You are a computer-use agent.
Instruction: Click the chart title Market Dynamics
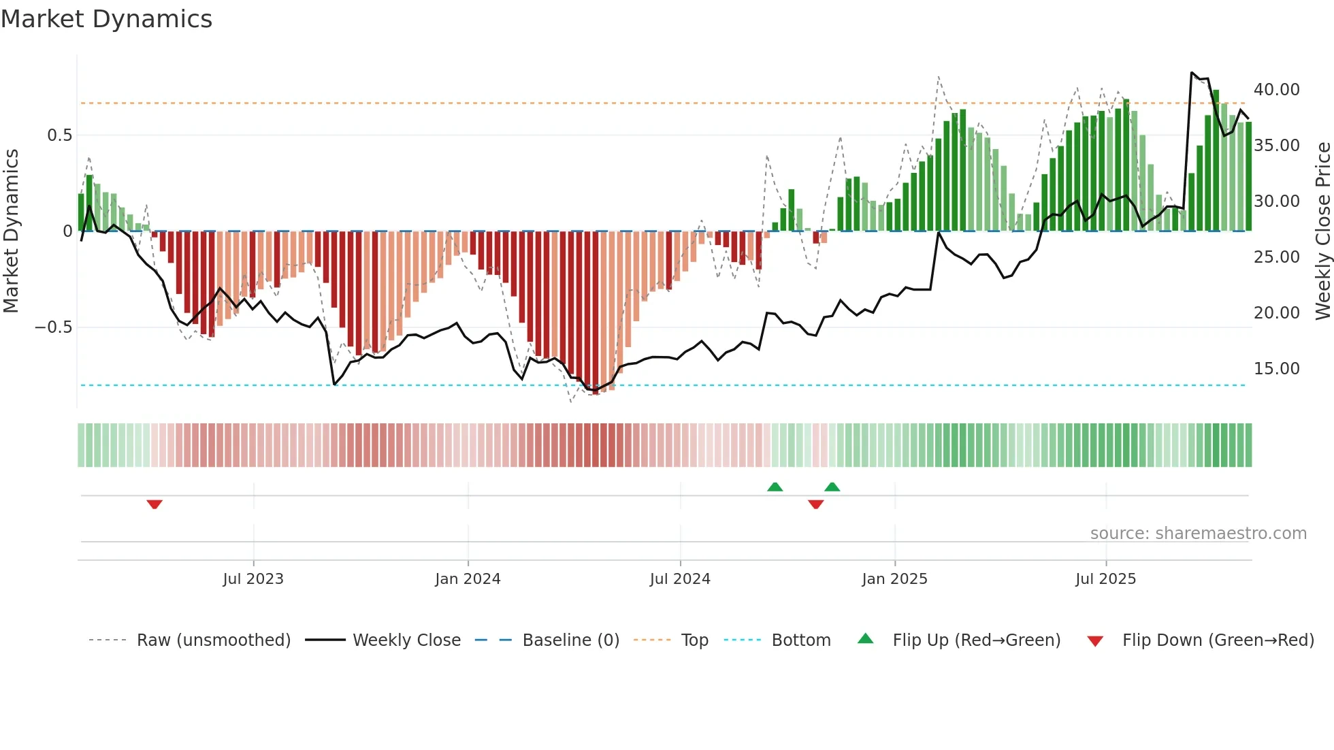(x=106, y=19)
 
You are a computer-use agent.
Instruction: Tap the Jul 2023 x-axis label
(x=253, y=579)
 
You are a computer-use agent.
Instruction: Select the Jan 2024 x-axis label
(x=468, y=579)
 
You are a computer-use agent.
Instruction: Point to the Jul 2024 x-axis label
(x=680, y=579)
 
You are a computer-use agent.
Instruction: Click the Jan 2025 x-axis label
(x=894, y=579)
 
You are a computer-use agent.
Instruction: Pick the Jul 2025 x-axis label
(x=1105, y=579)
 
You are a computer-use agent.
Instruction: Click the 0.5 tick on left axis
(x=60, y=135)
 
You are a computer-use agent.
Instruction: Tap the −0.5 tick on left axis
(x=54, y=327)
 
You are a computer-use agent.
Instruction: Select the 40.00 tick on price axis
(x=1276, y=90)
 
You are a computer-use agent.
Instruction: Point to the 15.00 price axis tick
(x=1276, y=369)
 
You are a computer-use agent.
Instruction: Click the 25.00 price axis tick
(x=1276, y=257)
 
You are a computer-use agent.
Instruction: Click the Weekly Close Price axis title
(x=1322, y=231)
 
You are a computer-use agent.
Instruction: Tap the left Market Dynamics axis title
(x=11, y=231)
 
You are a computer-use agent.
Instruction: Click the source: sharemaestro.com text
(x=1198, y=534)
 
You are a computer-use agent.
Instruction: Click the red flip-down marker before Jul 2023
(x=154, y=504)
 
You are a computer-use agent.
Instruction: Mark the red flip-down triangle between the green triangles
(x=816, y=504)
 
